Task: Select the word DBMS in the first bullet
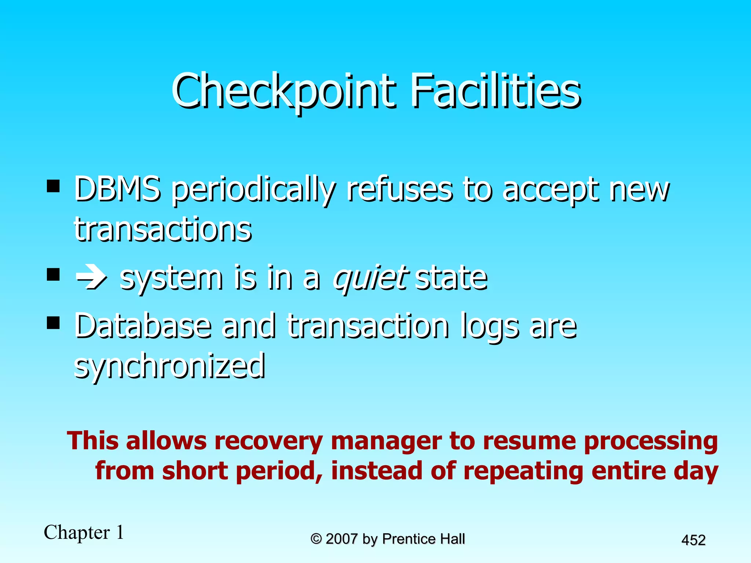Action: click(x=117, y=190)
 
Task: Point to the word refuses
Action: click(x=400, y=190)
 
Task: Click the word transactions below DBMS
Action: click(x=163, y=229)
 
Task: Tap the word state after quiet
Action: click(x=451, y=278)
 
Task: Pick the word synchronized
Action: click(x=169, y=366)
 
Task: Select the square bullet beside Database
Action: click(x=54, y=323)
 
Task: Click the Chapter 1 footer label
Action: click(x=84, y=532)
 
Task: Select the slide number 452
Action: click(x=693, y=540)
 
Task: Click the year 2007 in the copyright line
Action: click(x=341, y=539)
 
